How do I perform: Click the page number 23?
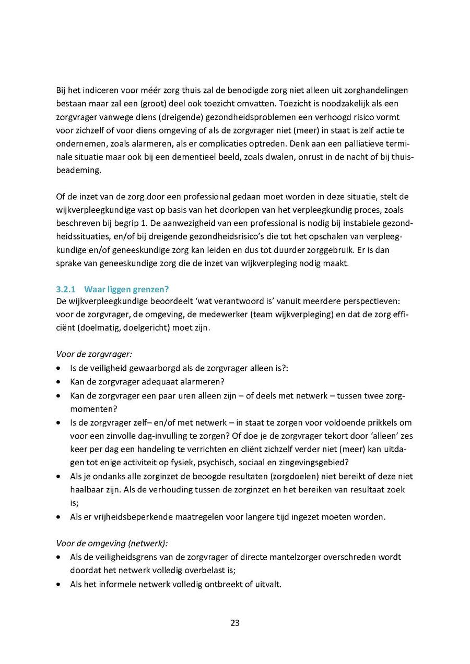(x=235, y=622)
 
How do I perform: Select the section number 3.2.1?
(x=66, y=289)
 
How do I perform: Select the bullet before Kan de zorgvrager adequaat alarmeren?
(x=59, y=381)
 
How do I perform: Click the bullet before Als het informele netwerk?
(x=59, y=584)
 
